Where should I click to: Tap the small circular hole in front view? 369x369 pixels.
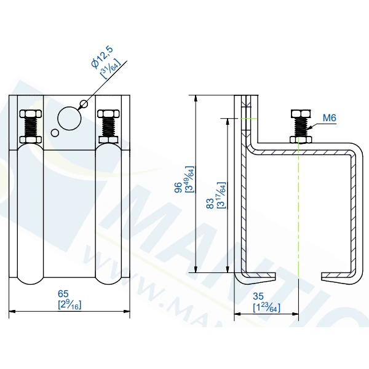coord(55,132)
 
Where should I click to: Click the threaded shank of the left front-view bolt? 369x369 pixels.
coord(30,127)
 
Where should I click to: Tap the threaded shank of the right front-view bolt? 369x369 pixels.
coord(108,127)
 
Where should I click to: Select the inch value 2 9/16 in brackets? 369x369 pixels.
coord(70,304)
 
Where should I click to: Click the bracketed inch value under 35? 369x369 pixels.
coord(266,307)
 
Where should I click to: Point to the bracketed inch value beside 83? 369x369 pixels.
coord(222,195)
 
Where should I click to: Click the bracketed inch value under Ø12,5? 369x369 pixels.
coord(110,67)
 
